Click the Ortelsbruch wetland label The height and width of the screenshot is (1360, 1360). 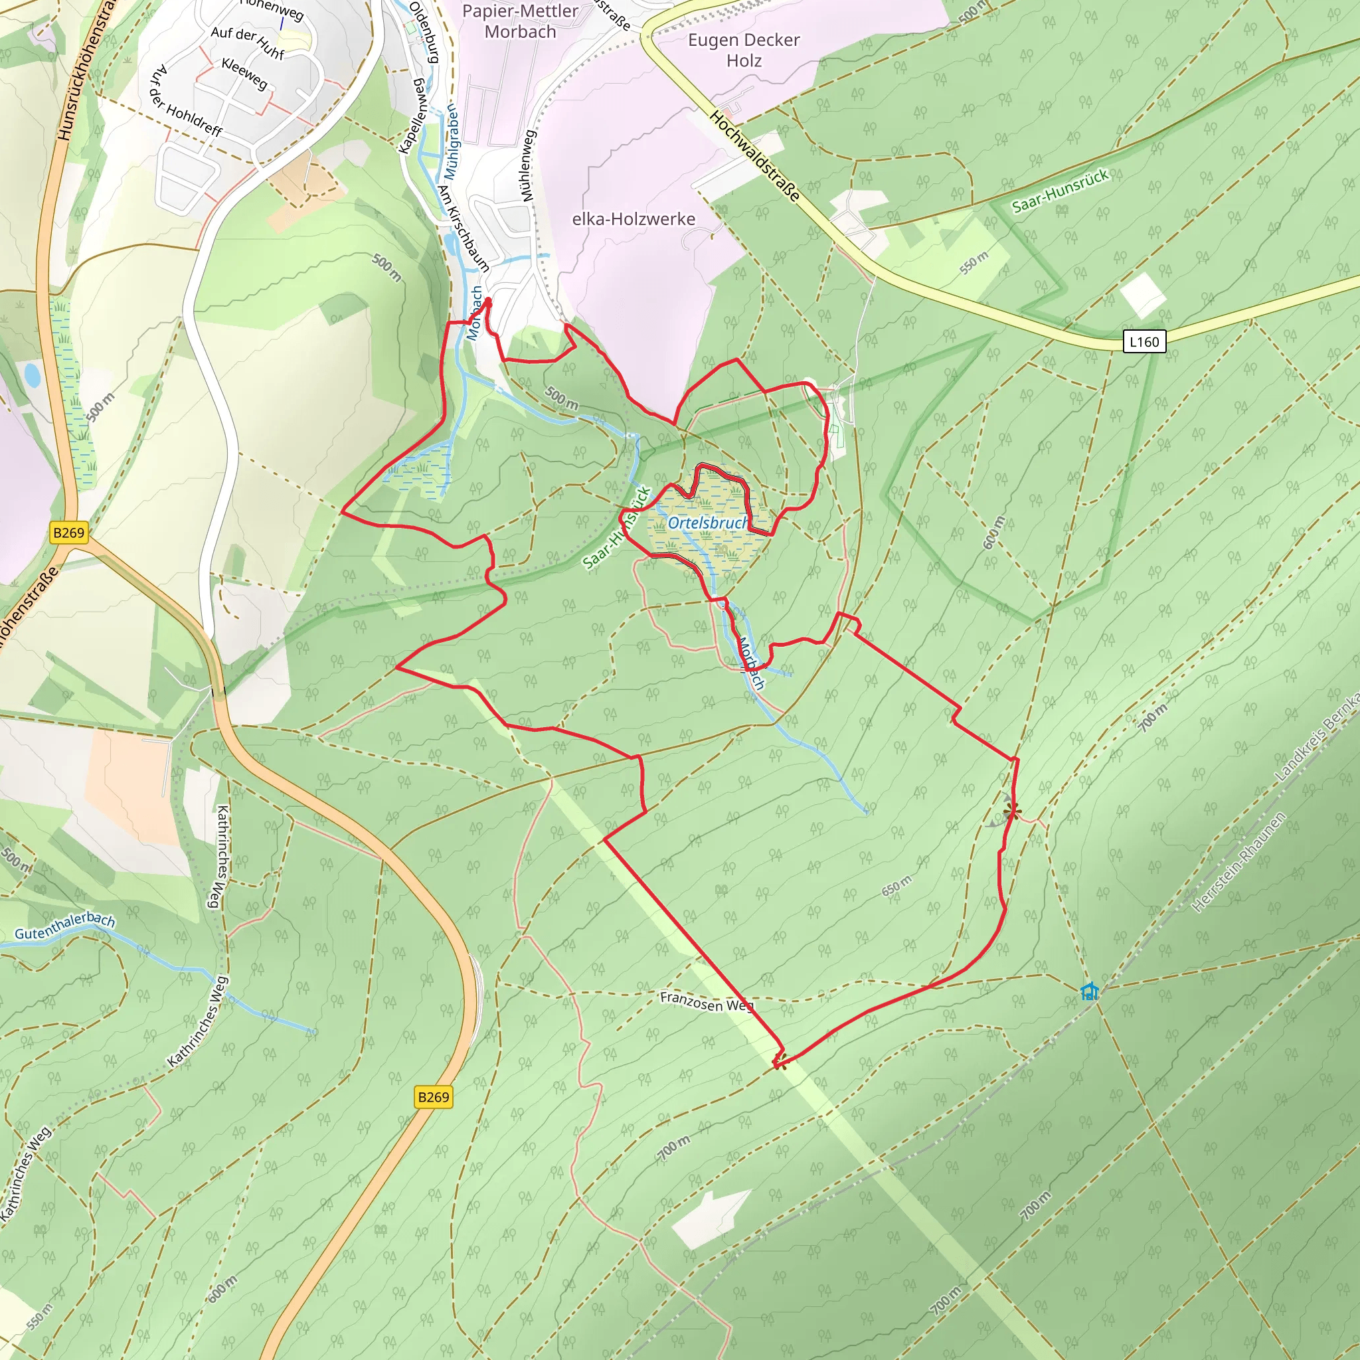[x=708, y=523]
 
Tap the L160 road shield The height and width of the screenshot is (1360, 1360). [x=1144, y=342]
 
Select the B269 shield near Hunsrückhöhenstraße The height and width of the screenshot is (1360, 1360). [x=69, y=533]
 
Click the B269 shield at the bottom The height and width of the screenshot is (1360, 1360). [x=433, y=1097]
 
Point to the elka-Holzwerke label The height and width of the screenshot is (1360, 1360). [x=634, y=219]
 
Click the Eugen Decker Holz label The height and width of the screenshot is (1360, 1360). [x=743, y=50]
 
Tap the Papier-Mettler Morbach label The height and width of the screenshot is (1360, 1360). [x=520, y=21]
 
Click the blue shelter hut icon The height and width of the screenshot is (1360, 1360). [x=1090, y=992]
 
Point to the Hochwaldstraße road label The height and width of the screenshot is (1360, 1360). [x=754, y=156]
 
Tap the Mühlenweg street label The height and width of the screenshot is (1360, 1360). [x=528, y=165]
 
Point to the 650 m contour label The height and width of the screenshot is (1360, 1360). [x=896, y=886]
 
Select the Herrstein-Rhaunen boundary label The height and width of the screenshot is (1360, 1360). [x=1239, y=863]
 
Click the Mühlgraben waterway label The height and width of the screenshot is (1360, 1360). [x=450, y=143]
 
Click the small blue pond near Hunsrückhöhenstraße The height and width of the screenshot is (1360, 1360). [x=33, y=375]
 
